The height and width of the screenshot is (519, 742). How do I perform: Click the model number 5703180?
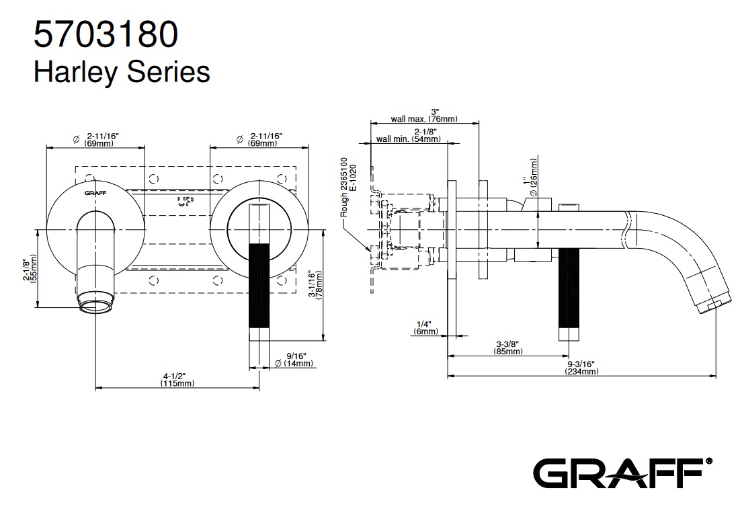pyautogui.click(x=106, y=33)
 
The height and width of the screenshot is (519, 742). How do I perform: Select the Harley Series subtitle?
pyautogui.click(x=121, y=71)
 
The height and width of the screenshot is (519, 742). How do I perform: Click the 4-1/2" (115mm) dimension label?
pyautogui.click(x=177, y=380)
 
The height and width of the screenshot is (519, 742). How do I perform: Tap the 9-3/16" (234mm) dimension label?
pyautogui.click(x=581, y=368)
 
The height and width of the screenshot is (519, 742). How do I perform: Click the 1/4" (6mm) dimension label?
pyautogui.click(x=426, y=327)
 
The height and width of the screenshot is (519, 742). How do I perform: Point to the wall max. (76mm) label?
pyautogui.click(x=424, y=116)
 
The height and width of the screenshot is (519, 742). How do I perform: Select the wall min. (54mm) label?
pyautogui.click(x=409, y=136)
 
